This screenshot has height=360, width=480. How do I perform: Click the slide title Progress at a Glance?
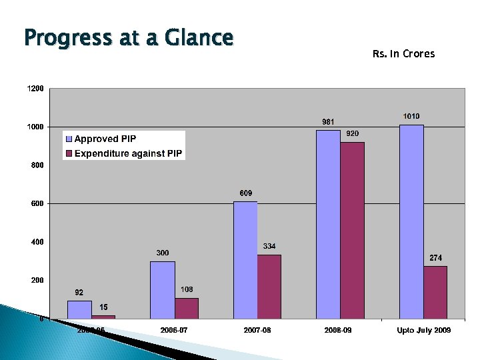[128, 38]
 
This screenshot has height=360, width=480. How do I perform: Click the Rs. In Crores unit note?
[403, 54]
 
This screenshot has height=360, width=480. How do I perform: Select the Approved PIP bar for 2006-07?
[162, 290]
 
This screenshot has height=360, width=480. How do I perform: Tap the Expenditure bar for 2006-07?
[187, 308]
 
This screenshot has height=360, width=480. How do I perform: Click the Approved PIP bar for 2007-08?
[245, 260]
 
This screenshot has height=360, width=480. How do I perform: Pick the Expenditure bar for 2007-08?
[269, 287]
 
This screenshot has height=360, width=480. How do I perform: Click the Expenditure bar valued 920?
[353, 230]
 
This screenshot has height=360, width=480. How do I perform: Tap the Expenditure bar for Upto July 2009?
[435, 292]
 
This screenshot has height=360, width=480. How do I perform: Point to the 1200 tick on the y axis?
[36, 89]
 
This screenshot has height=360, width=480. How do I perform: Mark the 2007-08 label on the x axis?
[257, 331]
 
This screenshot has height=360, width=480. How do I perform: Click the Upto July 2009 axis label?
[423, 331]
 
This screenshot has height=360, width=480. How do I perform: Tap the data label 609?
[246, 193]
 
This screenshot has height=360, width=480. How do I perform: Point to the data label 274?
[435, 258]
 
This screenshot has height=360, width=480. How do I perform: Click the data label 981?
[328, 122]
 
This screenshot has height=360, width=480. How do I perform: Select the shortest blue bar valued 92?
[79, 309]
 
